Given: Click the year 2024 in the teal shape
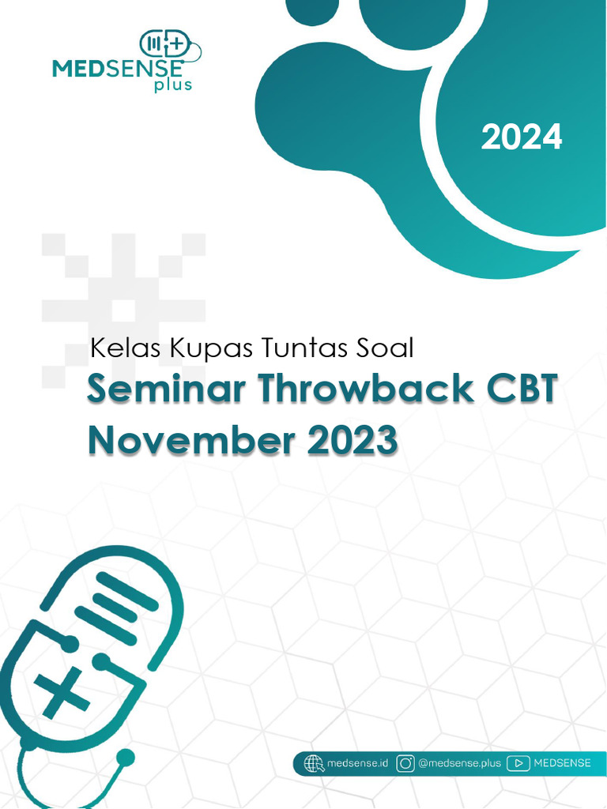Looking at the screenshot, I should pos(522,137).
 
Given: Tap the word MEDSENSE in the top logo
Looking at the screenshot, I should pos(118,68).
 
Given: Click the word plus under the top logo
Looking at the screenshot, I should pos(173,85).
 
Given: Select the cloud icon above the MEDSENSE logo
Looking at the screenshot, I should pos(169,46).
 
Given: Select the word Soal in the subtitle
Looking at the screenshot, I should pos(385,348).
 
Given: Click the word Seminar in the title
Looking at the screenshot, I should pos(166,389).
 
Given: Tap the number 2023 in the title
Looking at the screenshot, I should pos(353,439).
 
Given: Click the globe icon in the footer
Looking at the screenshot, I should pos(314,763).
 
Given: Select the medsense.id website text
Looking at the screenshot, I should pos(357,763).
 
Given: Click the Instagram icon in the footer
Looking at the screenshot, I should pos(405,763).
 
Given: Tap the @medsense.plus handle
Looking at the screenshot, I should pos(459,763).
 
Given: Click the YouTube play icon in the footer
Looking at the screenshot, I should pos(518,763).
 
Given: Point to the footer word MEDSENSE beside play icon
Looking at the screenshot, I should pos(562,763).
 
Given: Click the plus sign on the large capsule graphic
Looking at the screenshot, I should pos(61,690).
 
